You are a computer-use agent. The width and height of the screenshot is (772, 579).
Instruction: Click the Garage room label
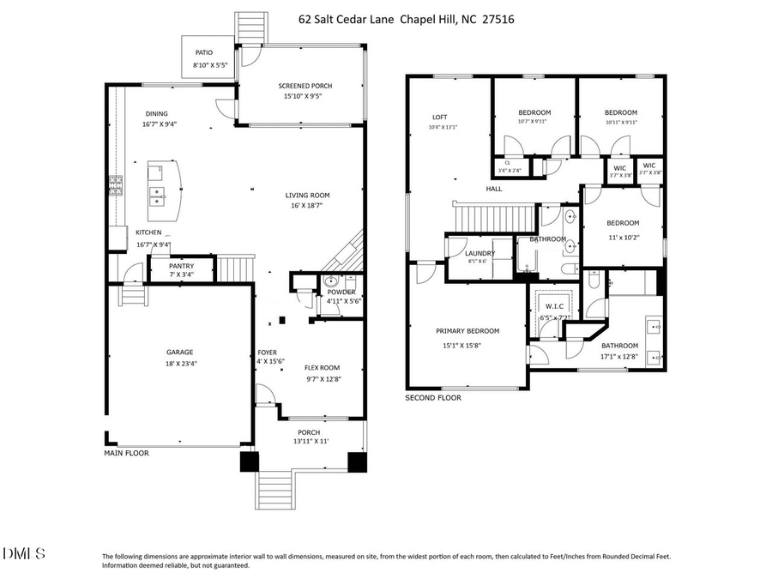point(179,352)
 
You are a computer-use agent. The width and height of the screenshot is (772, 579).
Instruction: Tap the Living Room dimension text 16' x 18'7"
point(307,206)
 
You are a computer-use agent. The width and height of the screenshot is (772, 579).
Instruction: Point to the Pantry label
point(181,266)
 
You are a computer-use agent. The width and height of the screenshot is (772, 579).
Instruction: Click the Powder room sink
point(330,282)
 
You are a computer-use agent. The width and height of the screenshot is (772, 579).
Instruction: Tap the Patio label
point(202,53)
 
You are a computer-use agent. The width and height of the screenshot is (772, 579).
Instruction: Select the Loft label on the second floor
point(439,118)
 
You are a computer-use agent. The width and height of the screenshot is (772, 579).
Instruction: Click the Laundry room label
point(479,253)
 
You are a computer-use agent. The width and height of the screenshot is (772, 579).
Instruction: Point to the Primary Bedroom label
point(467,331)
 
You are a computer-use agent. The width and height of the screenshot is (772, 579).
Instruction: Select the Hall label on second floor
point(494,189)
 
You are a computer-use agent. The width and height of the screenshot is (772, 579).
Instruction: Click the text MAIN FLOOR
point(126,453)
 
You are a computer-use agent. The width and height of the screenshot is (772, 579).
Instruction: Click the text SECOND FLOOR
point(433,398)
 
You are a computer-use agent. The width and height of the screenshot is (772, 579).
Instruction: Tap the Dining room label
point(156,114)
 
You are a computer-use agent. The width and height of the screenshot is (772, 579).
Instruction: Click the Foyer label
point(267,353)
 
